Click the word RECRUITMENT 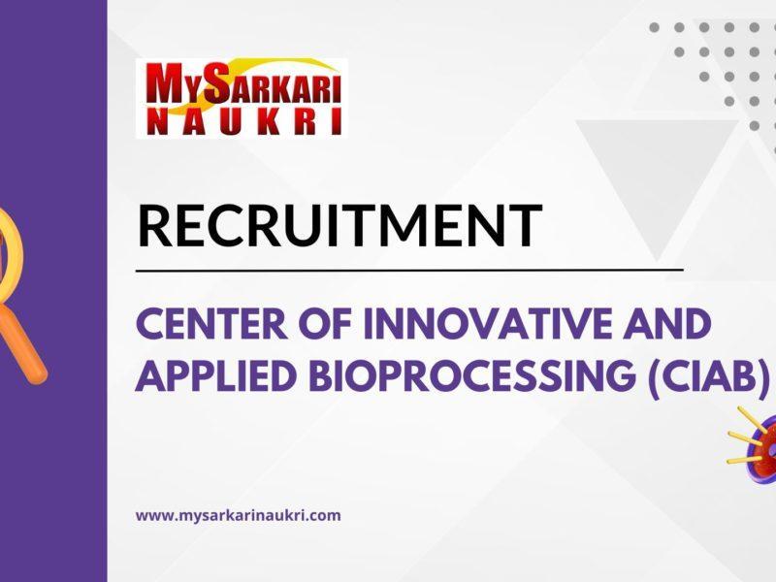tap(339, 225)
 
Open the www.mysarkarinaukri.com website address tap(238, 515)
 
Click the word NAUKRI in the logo tap(242, 120)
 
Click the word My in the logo tap(168, 85)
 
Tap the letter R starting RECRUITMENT tap(154, 225)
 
